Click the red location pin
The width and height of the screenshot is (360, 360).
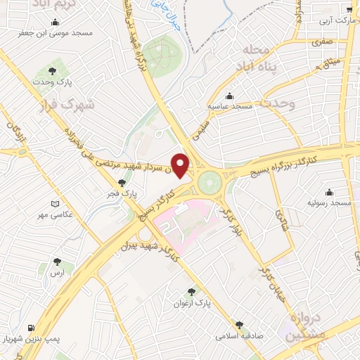[181, 165]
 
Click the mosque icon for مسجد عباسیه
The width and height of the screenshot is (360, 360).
[229, 96]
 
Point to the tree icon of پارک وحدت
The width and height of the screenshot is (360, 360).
[52, 70]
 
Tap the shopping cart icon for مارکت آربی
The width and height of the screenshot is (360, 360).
[349, 9]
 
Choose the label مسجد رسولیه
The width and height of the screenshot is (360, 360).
[329, 202]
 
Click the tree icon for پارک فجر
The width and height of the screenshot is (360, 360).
[122, 182]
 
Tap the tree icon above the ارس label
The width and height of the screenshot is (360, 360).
[57, 262]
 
